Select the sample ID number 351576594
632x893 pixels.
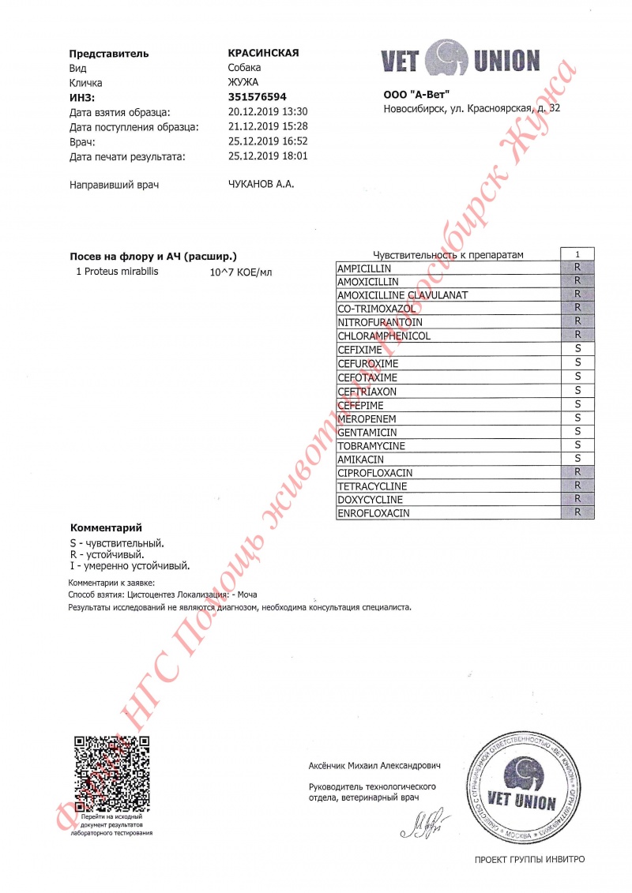[257, 97]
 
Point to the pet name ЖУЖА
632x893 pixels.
[243, 83]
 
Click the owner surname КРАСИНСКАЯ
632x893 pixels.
[262, 53]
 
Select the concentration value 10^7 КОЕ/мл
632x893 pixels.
[240, 273]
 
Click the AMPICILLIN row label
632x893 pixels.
[365, 268]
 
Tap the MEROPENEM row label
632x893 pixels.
[367, 418]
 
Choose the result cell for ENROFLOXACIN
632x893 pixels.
[577, 513]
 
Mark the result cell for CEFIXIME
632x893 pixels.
[577, 349]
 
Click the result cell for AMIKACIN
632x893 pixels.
[577, 459]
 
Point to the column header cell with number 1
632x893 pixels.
[577, 254]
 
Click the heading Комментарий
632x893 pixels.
[106, 527]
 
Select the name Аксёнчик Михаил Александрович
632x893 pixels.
[374, 766]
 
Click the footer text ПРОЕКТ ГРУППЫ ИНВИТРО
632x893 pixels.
[530, 859]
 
